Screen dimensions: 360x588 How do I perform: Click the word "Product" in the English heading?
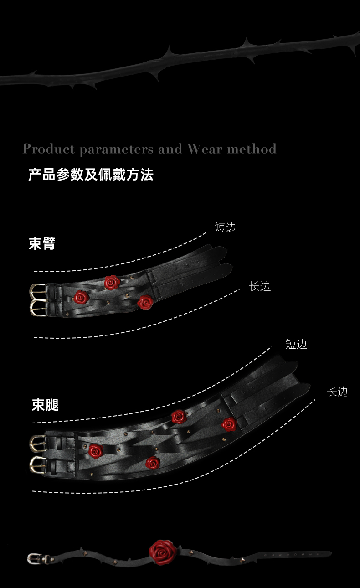48,149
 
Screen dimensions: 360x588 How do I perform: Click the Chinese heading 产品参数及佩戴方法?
91,175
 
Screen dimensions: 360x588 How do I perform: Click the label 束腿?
45,405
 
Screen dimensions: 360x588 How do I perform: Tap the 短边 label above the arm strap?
226,227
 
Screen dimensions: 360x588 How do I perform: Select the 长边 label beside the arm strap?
260,286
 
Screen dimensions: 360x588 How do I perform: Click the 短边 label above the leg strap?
296,344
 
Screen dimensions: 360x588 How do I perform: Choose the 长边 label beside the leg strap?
337,392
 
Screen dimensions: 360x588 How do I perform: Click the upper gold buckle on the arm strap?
38,291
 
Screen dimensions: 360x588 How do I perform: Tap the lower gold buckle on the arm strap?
38,308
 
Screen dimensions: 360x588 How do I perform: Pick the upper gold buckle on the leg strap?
38,443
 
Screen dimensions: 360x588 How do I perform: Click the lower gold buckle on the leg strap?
38,464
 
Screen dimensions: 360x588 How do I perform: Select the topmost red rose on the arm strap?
112,282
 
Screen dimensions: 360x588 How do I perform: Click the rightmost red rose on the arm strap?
145,302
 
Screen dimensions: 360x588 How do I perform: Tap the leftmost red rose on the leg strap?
96,451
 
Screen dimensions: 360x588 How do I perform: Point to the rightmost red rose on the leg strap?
229,424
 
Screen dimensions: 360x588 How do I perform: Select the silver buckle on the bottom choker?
34,559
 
